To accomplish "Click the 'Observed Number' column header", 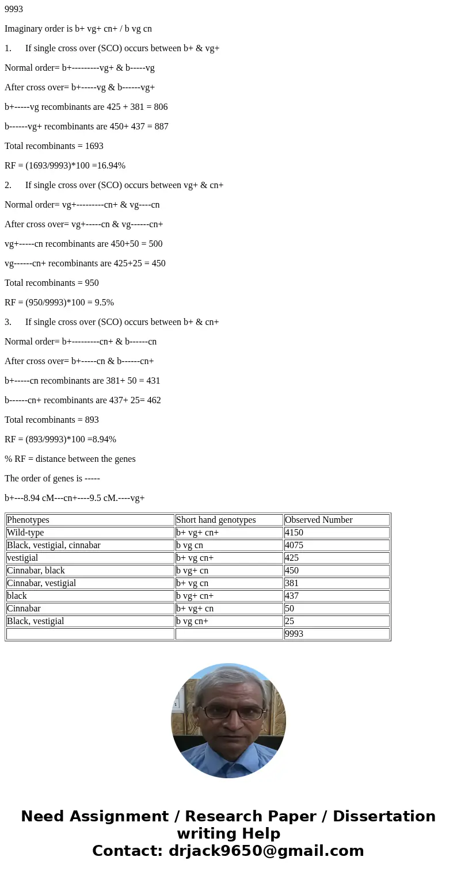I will tap(318, 520).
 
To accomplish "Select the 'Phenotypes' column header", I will tap(28, 520).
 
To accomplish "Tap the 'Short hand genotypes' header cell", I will tap(216, 520).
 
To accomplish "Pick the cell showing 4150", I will tap(294, 533).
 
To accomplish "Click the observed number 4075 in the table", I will tap(294, 545).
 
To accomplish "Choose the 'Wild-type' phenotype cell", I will tap(25, 533).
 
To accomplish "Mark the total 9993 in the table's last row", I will tap(294, 634).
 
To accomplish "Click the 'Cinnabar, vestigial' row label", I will tap(41, 583).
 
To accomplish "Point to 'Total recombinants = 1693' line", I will tap(54, 146).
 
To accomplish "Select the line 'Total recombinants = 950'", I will tap(52, 283).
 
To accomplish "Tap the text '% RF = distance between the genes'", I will tap(70, 459).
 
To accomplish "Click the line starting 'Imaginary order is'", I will tap(78, 29).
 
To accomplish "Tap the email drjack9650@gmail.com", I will tap(266, 851).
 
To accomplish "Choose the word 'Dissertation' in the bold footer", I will tap(384, 817).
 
